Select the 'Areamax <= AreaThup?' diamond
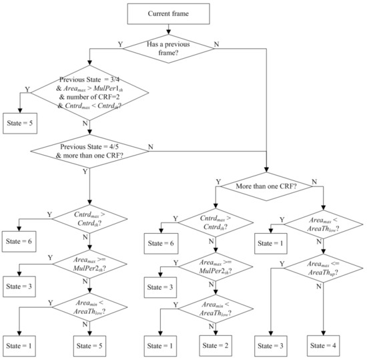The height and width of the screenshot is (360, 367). coord(324,271)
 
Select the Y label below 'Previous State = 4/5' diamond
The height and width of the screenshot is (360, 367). coord(84,171)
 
